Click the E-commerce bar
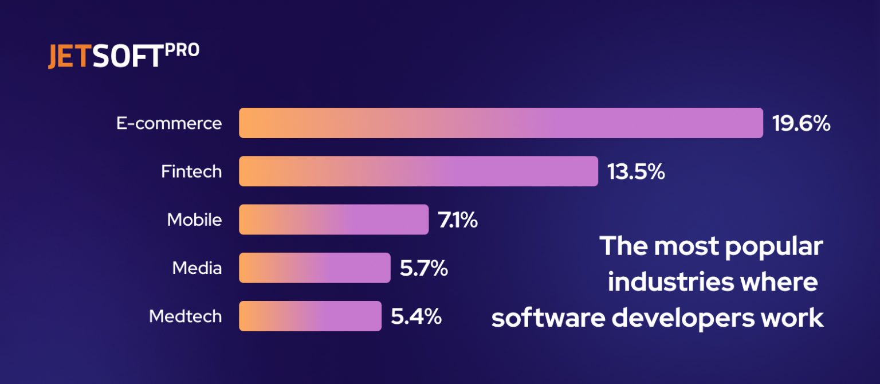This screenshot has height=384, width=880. [x=501, y=123]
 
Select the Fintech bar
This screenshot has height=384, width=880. [x=418, y=171]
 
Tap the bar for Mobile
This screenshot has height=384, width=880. [x=333, y=220]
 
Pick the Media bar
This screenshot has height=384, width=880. [x=315, y=268]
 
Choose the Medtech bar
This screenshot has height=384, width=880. [x=310, y=316]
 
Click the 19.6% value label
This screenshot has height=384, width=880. [x=801, y=123]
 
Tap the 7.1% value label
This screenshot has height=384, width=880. [x=458, y=220]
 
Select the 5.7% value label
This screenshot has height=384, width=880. [x=423, y=268]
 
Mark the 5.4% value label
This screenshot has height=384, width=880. [x=416, y=316]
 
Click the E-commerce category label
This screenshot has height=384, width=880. [x=169, y=123]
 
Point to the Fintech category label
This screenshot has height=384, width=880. [x=191, y=171]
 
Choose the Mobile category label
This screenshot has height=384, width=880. [x=194, y=220]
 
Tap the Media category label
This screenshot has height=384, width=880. [x=197, y=268]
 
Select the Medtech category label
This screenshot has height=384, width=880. [x=185, y=316]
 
